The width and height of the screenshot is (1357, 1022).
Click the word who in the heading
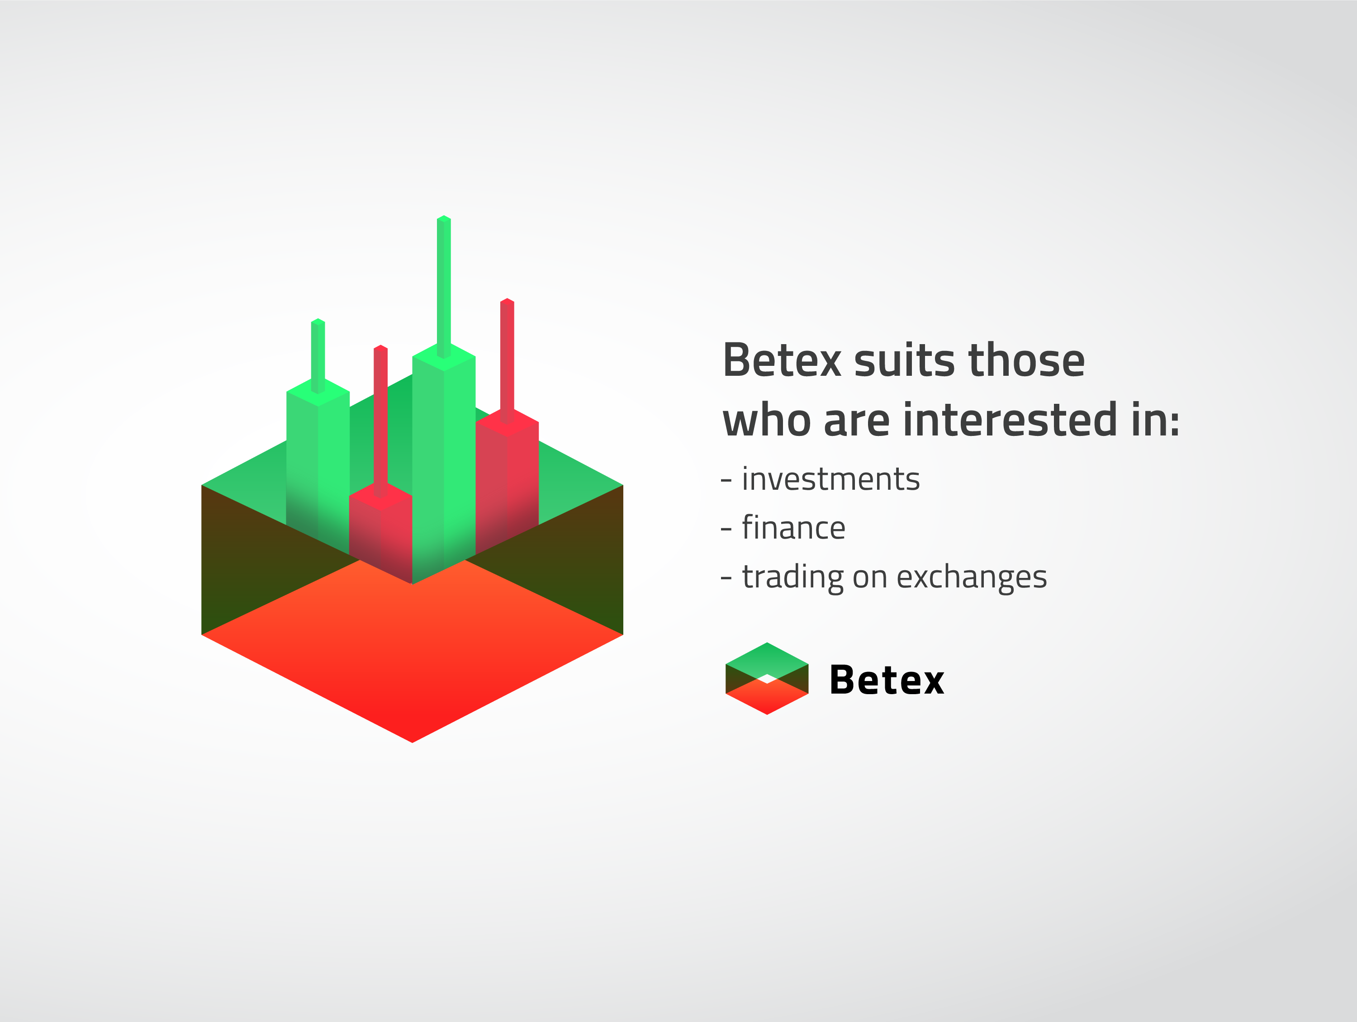click(766, 420)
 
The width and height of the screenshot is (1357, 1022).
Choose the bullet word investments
click(830, 479)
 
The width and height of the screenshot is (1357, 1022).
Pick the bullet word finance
click(793, 528)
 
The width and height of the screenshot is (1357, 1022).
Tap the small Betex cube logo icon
click(767, 678)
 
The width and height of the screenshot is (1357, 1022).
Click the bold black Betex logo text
click(887, 680)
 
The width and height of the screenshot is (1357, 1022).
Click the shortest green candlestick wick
click(318, 356)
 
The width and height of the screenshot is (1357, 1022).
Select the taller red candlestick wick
click(507, 361)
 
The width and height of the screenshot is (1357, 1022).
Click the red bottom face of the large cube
click(412, 650)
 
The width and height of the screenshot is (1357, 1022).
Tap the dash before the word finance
click(726, 529)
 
